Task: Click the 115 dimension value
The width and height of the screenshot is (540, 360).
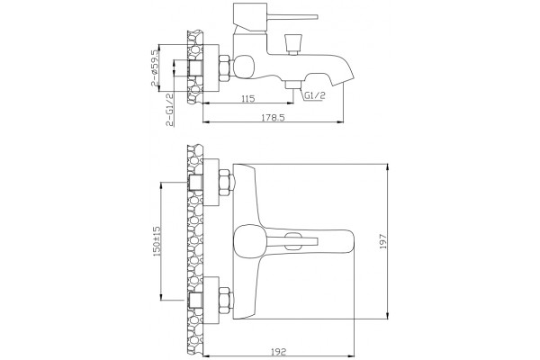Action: pos(248,98)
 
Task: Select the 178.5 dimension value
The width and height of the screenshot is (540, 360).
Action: pos(273,118)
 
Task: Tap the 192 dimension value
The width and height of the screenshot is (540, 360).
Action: pos(279,352)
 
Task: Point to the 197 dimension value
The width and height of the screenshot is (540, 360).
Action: pos(383,241)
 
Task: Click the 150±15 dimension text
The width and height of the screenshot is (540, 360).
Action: pos(157,241)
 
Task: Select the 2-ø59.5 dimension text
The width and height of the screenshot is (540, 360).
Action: pos(154,67)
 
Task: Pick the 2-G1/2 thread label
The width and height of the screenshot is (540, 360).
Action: pos(169,110)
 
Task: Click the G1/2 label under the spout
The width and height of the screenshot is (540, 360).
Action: pos(314,95)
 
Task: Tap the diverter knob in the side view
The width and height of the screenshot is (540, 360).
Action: pos(293,42)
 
